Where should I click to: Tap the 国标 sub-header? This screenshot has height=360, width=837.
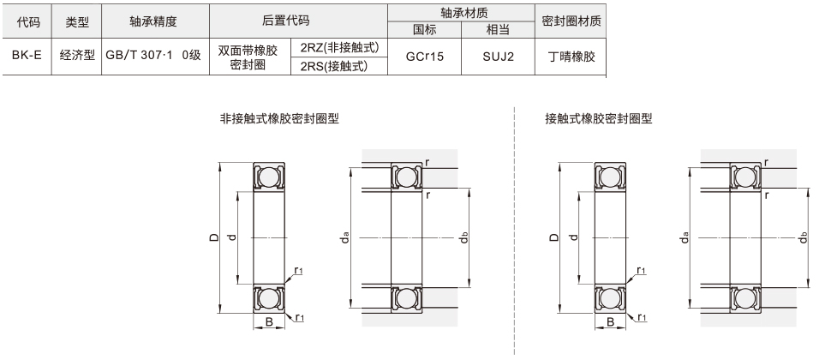pos(425,30)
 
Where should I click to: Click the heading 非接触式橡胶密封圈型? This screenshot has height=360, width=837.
pos(279,119)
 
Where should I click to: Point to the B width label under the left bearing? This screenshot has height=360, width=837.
pos(268,322)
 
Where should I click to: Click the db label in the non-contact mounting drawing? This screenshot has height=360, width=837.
pos(463,237)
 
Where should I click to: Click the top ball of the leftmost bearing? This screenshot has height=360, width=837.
pos(269,177)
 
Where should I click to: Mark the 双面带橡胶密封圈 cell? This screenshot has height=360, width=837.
pos(249,57)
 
